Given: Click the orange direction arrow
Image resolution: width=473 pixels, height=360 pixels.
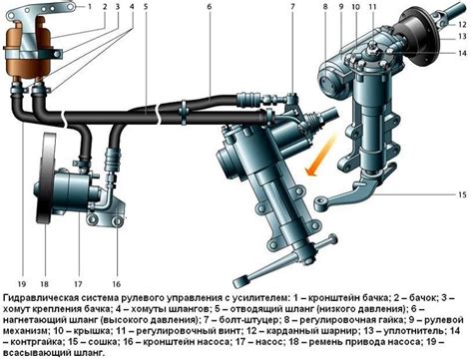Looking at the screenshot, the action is coord(321,154).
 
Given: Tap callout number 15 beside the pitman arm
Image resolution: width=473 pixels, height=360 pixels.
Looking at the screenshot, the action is coord(462,194).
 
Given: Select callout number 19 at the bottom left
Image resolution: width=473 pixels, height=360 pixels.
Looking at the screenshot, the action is coord(22,284).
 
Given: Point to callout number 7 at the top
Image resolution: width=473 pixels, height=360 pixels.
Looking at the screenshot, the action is coord(292,6).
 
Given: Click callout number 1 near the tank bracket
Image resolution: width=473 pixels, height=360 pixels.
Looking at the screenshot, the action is coord(90,6).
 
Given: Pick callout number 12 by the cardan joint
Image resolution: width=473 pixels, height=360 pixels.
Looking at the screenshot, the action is coord(462,24).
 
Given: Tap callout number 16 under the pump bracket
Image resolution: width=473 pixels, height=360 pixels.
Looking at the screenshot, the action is coord(116,284).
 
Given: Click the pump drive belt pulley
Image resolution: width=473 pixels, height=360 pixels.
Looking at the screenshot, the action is coord(47,179).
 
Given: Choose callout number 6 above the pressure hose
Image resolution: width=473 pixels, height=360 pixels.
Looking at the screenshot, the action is coord(210,6).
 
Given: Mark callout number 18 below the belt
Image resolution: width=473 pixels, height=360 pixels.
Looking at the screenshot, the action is coord(44,284).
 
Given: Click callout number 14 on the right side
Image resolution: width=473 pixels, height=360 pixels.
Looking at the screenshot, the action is coord(462,53).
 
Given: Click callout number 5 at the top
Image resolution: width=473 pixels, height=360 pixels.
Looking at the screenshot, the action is coord(146,6).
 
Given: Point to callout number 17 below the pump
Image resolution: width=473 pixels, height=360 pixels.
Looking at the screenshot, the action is coord(78,284).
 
